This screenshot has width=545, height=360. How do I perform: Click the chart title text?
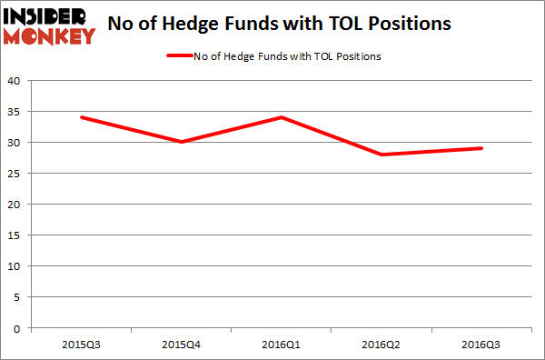point(279,25)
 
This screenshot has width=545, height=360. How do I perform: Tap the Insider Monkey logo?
point(49,25)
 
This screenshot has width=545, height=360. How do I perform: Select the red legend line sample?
point(179,56)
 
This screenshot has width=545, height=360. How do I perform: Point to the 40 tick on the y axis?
point(14,80)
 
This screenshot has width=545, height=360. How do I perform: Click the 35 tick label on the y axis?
point(14,111)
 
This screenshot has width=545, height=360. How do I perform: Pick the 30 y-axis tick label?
point(14,142)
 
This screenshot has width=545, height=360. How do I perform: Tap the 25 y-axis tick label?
point(14,173)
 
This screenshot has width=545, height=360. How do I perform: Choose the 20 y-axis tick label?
point(14,204)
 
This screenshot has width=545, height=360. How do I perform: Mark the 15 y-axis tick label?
point(14,235)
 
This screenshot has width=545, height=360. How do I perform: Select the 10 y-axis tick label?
point(14,265)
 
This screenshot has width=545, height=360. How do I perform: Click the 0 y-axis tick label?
point(17,327)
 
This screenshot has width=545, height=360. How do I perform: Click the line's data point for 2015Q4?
point(182,142)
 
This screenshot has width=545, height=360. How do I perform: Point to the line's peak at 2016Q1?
point(282,117)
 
